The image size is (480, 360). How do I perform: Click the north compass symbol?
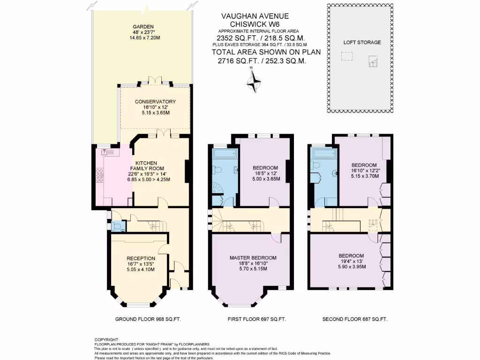click(253, 83)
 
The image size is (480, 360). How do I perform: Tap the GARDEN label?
click(143, 27)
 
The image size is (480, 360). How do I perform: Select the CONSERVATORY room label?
click(155, 102)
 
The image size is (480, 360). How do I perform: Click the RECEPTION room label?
click(141, 258)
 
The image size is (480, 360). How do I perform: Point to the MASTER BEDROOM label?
click(253, 258)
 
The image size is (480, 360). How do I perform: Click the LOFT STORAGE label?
click(362, 42)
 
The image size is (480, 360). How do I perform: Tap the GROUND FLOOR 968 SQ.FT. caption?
click(148, 319)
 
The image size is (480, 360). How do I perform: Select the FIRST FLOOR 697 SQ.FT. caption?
click(256, 319)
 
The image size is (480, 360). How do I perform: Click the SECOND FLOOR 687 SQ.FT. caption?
click(355, 319)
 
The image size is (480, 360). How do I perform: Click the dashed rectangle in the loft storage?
click(347, 57)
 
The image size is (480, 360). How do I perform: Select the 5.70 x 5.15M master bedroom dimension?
click(253, 269)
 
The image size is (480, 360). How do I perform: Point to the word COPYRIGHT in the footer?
click(107, 339)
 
